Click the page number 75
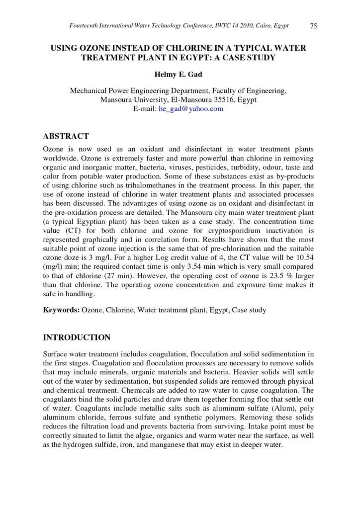pyautogui.click(x=313, y=26)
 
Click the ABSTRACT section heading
pyautogui.click(x=66, y=136)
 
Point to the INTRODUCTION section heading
pyautogui.click(x=77, y=338)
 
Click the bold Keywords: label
pyautogui.click(x=61, y=310)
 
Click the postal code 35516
pyautogui.click(x=224, y=100)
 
